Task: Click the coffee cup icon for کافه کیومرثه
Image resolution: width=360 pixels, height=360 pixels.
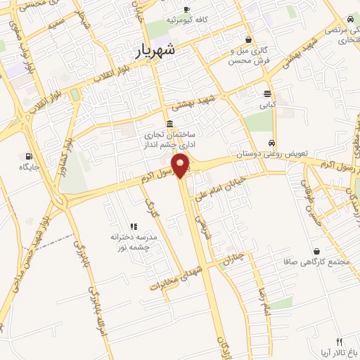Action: (x=186, y=10)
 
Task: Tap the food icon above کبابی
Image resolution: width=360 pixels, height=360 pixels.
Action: (x=268, y=94)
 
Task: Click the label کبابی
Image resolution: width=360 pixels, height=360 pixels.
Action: (x=268, y=105)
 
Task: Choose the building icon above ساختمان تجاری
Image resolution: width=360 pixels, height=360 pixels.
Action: (x=171, y=124)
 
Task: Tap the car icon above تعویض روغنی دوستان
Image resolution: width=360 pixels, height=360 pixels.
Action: (x=271, y=143)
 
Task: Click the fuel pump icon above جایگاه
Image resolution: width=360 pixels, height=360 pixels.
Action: (x=28, y=156)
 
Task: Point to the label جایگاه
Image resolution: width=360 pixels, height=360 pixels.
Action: (x=30, y=167)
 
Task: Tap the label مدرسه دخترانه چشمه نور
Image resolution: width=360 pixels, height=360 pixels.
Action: (x=133, y=242)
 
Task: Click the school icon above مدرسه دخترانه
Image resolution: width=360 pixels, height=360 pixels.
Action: (x=133, y=225)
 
